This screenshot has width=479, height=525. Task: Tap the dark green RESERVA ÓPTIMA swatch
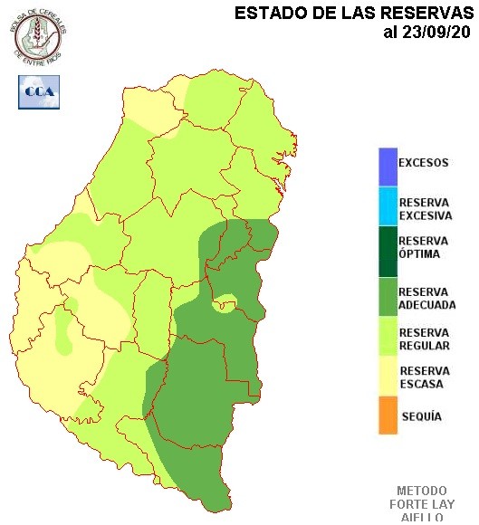pos(388,248)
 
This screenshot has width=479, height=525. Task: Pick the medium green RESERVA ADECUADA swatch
pos(388,298)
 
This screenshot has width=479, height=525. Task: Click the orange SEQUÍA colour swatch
pos(388,416)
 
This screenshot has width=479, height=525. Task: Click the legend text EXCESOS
pos(423,164)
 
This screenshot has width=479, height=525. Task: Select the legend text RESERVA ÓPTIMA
pos(423,247)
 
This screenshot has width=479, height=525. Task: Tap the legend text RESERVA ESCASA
pos(423,377)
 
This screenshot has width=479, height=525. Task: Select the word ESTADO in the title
pos(263,13)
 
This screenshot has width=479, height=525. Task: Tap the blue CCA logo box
pos(38,92)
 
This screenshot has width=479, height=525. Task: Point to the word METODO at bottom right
pos(422,490)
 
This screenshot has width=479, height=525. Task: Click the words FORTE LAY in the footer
pos(422,504)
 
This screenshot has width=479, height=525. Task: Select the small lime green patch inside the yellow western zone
pos(62,330)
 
